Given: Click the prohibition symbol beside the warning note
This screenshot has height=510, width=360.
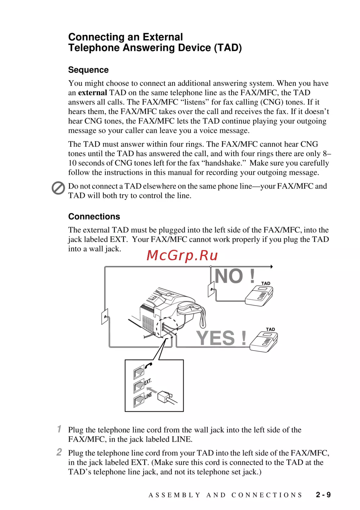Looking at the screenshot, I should [x=58, y=188].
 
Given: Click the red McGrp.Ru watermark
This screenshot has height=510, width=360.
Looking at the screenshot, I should [x=182, y=255].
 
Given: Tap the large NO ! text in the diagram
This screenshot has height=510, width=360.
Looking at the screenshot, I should [x=235, y=276].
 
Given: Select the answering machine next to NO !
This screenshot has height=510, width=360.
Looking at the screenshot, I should [x=259, y=296].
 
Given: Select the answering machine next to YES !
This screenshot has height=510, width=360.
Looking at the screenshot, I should [x=264, y=342].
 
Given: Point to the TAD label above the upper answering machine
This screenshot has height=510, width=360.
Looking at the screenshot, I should [x=266, y=284].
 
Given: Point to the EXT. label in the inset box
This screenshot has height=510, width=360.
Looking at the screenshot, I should [x=148, y=382].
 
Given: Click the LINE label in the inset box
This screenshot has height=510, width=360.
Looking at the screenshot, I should [x=148, y=396].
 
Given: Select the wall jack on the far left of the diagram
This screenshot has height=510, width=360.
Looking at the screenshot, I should [x=105, y=317].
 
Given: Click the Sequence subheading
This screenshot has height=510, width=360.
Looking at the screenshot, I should [x=88, y=70].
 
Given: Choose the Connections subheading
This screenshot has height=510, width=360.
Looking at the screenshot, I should [x=94, y=216].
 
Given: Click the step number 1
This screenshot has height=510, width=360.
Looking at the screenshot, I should [x=59, y=429].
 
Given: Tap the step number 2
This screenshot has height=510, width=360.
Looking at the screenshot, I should [x=59, y=452].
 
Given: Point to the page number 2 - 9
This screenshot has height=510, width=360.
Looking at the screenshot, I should [x=323, y=495].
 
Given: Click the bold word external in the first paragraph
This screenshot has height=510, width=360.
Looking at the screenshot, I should [x=93, y=92].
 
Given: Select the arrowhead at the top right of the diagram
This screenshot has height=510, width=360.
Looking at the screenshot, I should [x=271, y=267].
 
